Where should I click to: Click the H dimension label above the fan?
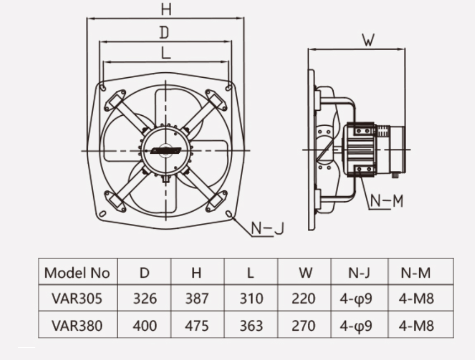click(166, 9)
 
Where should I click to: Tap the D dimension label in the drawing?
click(164, 33)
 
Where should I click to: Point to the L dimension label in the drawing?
click(166, 53)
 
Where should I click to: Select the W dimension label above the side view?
click(369, 40)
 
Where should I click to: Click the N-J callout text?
click(268, 228)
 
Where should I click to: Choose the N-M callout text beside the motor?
click(387, 201)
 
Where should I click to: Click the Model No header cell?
click(77, 273)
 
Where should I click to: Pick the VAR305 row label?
click(77, 299)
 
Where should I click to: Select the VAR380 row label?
click(77, 326)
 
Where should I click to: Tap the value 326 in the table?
click(145, 299)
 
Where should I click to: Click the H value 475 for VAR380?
click(197, 326)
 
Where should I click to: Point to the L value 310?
click(251, 299)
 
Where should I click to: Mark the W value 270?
click(303, 326)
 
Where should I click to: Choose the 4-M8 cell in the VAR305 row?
click(417, 299)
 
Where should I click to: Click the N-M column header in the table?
click(415, 273)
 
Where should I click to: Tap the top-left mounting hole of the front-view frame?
click(103, 88)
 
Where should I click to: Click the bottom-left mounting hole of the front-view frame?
click(103, 214)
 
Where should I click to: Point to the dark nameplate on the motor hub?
click(166, 151)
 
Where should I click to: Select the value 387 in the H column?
click(197, 299)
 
